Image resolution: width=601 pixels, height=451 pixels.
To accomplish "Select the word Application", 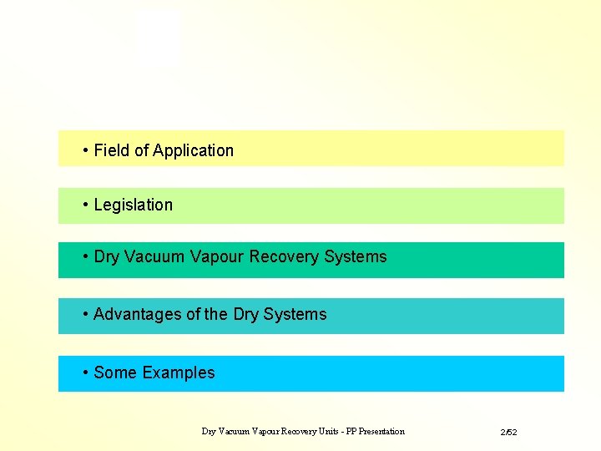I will [x=193, y=150].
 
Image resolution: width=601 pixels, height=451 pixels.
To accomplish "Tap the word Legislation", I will [x=134, y=205].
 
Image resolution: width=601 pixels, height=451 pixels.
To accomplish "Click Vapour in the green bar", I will [x=216, y=256].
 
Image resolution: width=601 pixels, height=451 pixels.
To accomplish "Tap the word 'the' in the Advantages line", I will [x=216, y=314].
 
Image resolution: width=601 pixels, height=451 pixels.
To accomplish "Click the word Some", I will [x=114, y=372].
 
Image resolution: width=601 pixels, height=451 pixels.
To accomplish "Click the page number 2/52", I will [x=509, y=433].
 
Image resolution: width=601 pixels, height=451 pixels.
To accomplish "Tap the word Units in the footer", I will [x=327, y=432].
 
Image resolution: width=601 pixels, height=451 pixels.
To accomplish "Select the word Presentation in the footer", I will [x=381, y=432].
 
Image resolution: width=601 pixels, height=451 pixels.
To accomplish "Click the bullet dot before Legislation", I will [x=86, y=205].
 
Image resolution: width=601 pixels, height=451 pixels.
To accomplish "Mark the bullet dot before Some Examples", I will [x=86, y=372].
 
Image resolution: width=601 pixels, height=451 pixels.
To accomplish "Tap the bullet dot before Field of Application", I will [x=86, y=150].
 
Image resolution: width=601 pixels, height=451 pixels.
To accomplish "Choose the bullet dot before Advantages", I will [x=86, y=314].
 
